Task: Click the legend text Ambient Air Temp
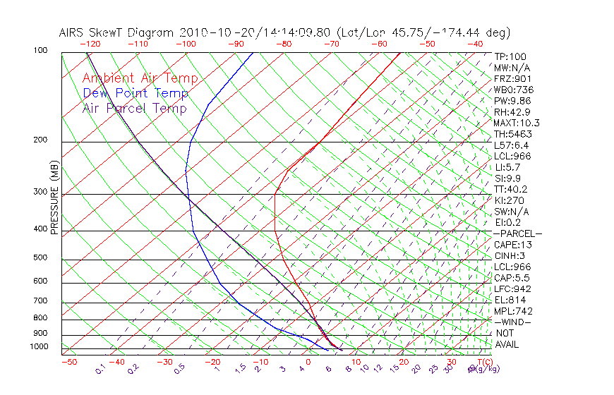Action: [x=140, y=78]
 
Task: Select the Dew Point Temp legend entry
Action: [x=136, y=93]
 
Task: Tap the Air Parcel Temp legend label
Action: [x=135, y=108]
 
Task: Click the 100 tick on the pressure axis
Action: [x=40, y=51]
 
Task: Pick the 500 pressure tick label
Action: [x=40, y=257]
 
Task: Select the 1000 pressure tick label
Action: [x=39, y=346]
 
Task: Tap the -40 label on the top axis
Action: [x=475, y=44]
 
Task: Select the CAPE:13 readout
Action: [x=513, y=245]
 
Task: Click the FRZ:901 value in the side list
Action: [x=512, y=78]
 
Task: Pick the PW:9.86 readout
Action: [x=512, y=101]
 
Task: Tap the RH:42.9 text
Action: [x=512, y=111]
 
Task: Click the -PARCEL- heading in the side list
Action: [x=517, y=233]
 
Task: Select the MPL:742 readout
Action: [x=512, y=311]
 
